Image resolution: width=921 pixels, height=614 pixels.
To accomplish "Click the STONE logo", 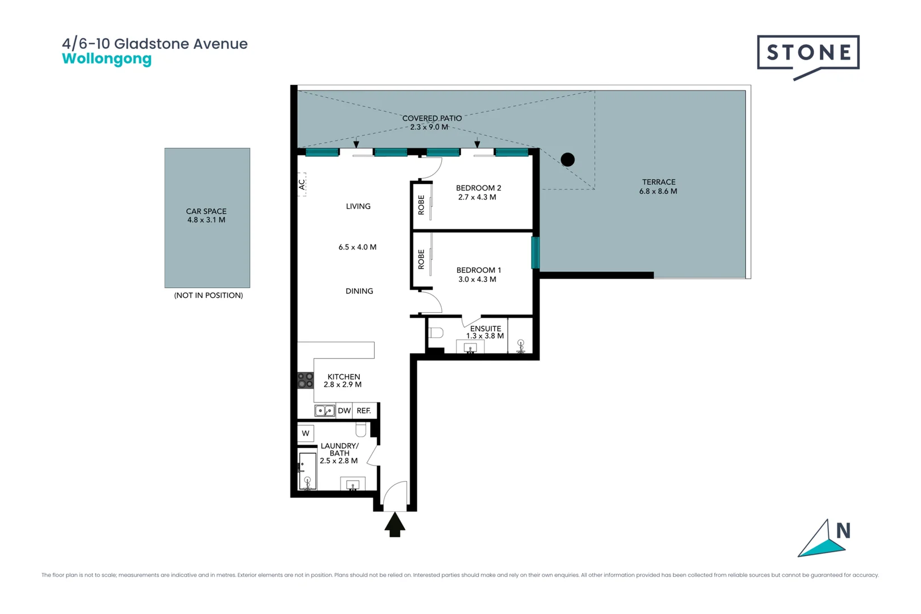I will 808,53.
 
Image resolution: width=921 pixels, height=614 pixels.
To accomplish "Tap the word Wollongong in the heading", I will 107,59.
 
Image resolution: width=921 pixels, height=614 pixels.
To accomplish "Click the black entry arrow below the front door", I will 395,524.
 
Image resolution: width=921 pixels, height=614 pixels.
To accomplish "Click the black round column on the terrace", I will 567,160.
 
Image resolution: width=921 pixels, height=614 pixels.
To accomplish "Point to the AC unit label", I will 302,185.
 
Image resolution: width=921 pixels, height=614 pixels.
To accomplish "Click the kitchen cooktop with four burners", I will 305,380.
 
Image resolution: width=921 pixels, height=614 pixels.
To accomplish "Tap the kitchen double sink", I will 325,410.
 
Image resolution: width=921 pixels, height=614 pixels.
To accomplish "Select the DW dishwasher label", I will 344,410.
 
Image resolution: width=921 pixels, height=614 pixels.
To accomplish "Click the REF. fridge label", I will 364,410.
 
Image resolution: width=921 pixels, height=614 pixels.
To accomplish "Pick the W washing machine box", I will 306,433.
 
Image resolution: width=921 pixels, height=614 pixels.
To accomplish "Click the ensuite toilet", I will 435,333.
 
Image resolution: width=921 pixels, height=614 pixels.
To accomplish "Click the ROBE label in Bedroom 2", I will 421,205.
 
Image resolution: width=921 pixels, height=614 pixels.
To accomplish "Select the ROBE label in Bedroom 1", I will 421,259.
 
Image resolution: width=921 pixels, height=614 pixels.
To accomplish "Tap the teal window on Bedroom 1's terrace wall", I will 535,252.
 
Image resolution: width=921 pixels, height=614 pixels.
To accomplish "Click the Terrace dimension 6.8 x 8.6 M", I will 658,192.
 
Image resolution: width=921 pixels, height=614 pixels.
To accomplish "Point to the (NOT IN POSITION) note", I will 208,296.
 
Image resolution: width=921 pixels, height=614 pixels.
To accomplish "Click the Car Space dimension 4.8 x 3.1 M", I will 206,220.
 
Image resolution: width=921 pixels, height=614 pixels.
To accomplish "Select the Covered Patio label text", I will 432,118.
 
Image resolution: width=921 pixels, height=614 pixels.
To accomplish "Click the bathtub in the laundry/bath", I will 308,471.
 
